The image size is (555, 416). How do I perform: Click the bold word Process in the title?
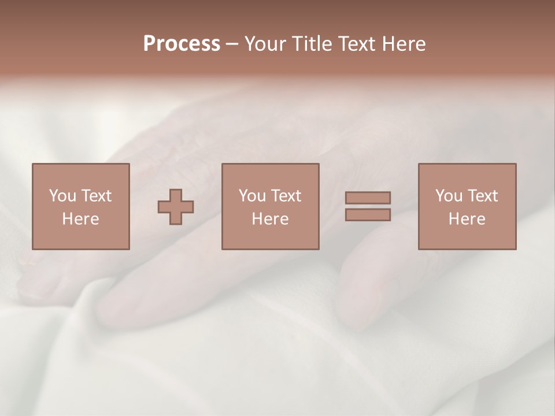click(x=182, y=44)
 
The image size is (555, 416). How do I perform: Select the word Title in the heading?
click(x=313, y=44)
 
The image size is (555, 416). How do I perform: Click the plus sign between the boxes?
click(x=176, y=207)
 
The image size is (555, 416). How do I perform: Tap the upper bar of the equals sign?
click(x=368, y=198)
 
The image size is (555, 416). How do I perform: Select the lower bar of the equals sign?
click(x=368, y=215)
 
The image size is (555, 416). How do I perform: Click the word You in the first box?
click(x=62, y=196)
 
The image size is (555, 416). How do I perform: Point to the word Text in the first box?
click(x=95, y=196)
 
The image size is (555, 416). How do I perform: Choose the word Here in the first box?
click(x=80, y=219)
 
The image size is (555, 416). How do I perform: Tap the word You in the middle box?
click(x=252, y=196)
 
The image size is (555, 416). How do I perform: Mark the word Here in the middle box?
click(x=270, y=219)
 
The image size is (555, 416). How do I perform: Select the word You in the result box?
click(x=449, y=196)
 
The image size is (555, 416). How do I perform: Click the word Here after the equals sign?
click(x=467, y=219)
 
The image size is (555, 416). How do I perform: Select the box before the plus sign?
click(x=80, y=237)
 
